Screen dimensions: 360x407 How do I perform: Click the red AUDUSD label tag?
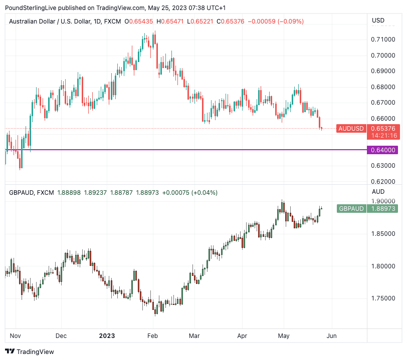351,129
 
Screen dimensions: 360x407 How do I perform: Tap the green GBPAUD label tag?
351,209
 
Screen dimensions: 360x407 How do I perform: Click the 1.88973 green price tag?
382,209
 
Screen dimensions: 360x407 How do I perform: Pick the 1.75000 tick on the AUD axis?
382,298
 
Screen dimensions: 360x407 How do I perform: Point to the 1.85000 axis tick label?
382,234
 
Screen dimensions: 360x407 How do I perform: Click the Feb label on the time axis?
153,336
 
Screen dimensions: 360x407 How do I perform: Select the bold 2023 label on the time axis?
107,336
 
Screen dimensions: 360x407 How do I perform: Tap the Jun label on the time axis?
332,336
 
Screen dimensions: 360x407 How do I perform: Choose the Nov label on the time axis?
15,336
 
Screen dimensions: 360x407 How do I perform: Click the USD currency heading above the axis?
378,21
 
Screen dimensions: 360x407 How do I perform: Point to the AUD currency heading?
378,191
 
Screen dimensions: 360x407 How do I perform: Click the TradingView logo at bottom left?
30,351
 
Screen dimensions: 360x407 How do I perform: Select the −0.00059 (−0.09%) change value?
276,22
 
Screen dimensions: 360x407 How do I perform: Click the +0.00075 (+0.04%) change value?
190,192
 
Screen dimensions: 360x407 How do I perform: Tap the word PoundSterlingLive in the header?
31,8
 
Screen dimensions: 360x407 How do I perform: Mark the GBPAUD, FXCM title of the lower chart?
31,192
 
